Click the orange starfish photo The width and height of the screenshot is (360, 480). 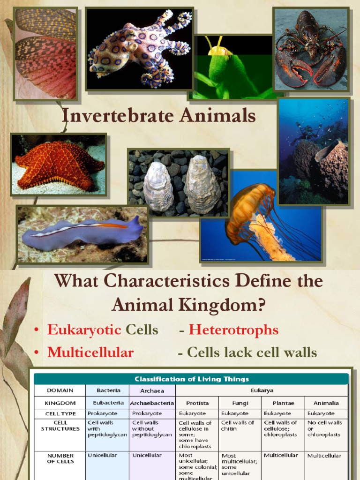click(58, 165)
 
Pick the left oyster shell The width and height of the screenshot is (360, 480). click(158, 187)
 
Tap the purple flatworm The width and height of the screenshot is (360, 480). click(82, 235)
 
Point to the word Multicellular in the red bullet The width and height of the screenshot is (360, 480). click(90, 352)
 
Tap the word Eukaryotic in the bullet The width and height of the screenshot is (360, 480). click(84, 330)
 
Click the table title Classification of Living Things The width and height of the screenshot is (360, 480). click(191, 379)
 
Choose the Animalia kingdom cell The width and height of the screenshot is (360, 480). click(326, 403)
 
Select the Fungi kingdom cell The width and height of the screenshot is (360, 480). click(240, 403)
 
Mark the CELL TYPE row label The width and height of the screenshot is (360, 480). click(60, 413)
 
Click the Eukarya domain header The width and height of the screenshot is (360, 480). click(262, 390)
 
